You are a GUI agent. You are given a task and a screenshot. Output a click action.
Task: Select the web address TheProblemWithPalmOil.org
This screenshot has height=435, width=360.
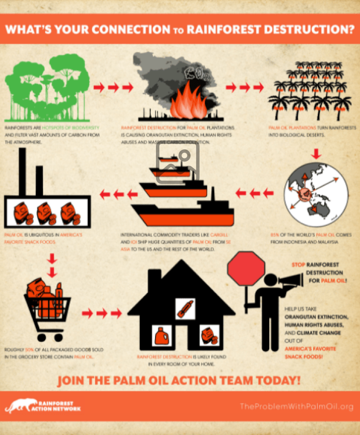pyautogui.click(x=296, y=407)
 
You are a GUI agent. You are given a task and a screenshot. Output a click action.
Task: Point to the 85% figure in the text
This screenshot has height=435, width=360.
pyautogui.click(x=274, y=235)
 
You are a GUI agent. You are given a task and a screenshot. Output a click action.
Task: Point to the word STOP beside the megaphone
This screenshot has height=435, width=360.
pyautogui.click(x=298, y=264)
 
